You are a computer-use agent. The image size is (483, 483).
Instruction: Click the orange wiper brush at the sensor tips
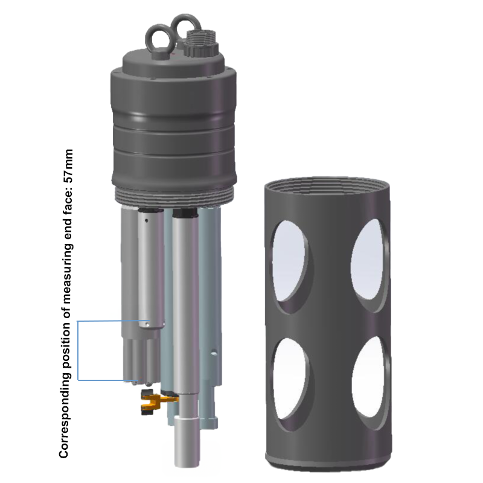point(153,401)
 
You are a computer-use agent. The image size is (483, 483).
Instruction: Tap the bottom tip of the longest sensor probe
point(185,462)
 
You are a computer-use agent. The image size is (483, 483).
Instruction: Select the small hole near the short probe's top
point(147,220)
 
